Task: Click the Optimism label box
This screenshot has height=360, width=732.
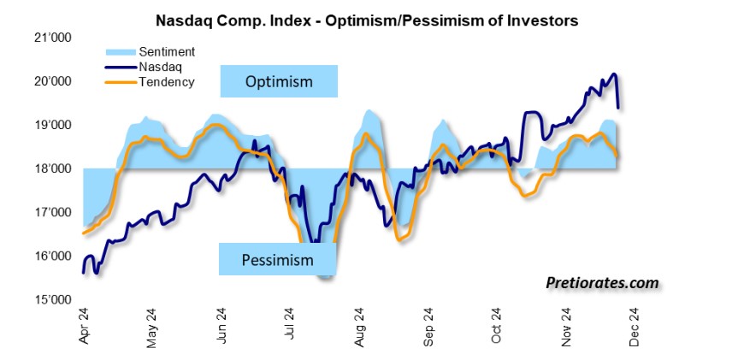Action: (x=279, y=82)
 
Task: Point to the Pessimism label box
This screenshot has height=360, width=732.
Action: (x=279, y=260)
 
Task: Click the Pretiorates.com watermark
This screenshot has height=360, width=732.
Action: (x=602, y=281)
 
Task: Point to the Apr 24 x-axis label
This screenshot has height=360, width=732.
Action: (x=84, y=326)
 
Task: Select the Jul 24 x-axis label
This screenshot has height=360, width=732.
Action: (x=290, y=326)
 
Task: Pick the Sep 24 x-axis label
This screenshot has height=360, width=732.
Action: (x=430, y=326)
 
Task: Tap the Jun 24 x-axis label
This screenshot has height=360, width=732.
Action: (x=221, y=326)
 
